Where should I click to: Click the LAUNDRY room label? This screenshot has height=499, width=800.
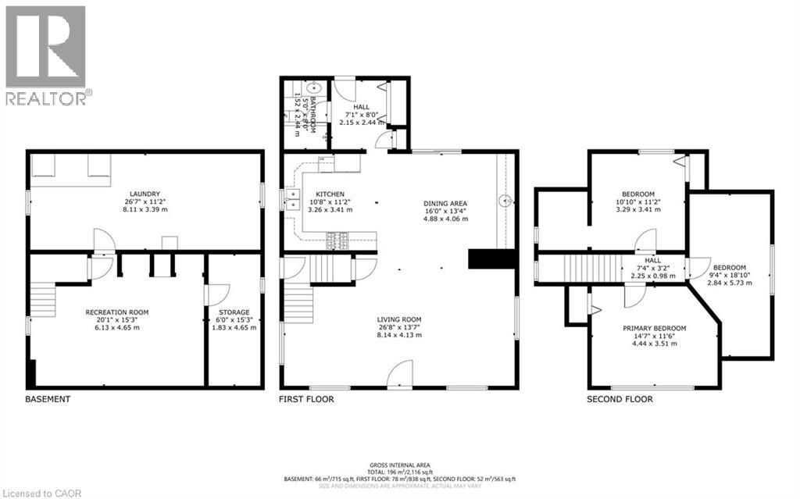[146, 194]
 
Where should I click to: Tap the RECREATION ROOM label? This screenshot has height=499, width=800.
[116, 312]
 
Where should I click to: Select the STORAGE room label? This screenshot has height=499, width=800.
[234, 312]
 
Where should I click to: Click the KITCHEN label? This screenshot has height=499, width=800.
[330, 194]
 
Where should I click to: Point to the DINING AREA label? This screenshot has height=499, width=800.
[445, 201]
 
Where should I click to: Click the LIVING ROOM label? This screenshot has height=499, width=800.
[399, 319]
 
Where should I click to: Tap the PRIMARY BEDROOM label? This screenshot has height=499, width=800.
[654, 328]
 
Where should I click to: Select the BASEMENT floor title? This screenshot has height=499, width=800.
[48, 399]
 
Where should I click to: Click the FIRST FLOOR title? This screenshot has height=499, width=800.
[306, 399]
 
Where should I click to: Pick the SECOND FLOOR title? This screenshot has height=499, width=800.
[620, 399]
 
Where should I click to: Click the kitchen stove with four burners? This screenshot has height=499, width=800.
[337, 241]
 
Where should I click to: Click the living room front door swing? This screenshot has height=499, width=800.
[400, 373]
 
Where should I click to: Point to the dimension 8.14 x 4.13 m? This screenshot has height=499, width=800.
[399, 335]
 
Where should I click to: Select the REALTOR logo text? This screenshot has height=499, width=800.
[47, 98]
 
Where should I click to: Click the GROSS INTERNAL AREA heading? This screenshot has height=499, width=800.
[399, 463]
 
